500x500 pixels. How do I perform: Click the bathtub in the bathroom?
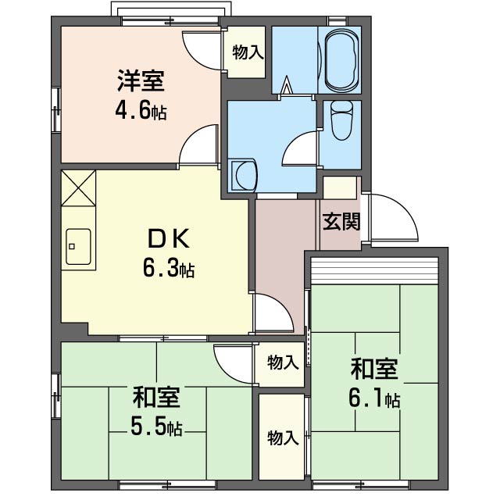342,60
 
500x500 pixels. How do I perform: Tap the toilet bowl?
341,120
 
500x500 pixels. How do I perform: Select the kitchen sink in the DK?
78,247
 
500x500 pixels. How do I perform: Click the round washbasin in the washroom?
245,175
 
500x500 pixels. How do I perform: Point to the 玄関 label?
341,221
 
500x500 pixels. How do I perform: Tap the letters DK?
169,239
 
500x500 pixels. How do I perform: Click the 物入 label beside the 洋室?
248,52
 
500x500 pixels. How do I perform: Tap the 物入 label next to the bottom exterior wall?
283,437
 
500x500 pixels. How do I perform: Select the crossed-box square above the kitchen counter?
78,187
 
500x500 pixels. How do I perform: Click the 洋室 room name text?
141,80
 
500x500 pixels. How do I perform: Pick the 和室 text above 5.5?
156,397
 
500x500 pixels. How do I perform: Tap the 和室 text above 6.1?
374,369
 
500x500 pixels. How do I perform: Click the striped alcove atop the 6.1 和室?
375,270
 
